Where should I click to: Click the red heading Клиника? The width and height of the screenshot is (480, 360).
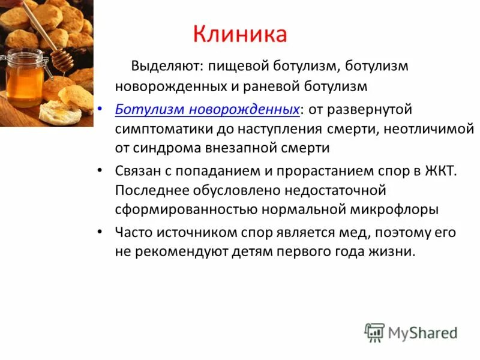[x=240, y=34]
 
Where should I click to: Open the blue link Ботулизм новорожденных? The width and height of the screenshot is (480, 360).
[x=208, y=110]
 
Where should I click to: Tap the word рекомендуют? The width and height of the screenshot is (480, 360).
[x=176, y=251]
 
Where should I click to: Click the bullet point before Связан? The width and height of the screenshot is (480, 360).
[x=100, y=171]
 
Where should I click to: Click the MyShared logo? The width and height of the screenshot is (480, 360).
[x=411, y=332]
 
